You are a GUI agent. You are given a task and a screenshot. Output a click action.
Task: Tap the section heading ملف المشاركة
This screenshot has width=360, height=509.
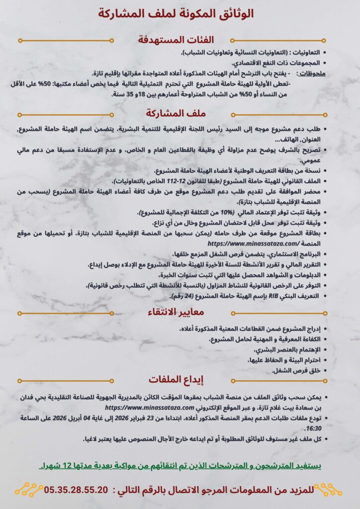coord(180,113)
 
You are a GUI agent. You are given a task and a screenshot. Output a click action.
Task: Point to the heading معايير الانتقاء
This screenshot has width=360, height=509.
coord(180,312)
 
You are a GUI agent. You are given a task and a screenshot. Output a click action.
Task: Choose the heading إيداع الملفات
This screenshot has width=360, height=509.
coord(180,379)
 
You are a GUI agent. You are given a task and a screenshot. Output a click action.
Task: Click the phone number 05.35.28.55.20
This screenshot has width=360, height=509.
coord(76,490)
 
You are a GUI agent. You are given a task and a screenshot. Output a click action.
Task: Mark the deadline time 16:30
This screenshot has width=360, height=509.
coord(313,427)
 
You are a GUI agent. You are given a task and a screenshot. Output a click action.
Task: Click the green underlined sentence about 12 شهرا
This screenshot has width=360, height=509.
coord(180,466)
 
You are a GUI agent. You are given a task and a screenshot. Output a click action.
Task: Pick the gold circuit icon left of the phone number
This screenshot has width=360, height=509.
coord(29,490)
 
